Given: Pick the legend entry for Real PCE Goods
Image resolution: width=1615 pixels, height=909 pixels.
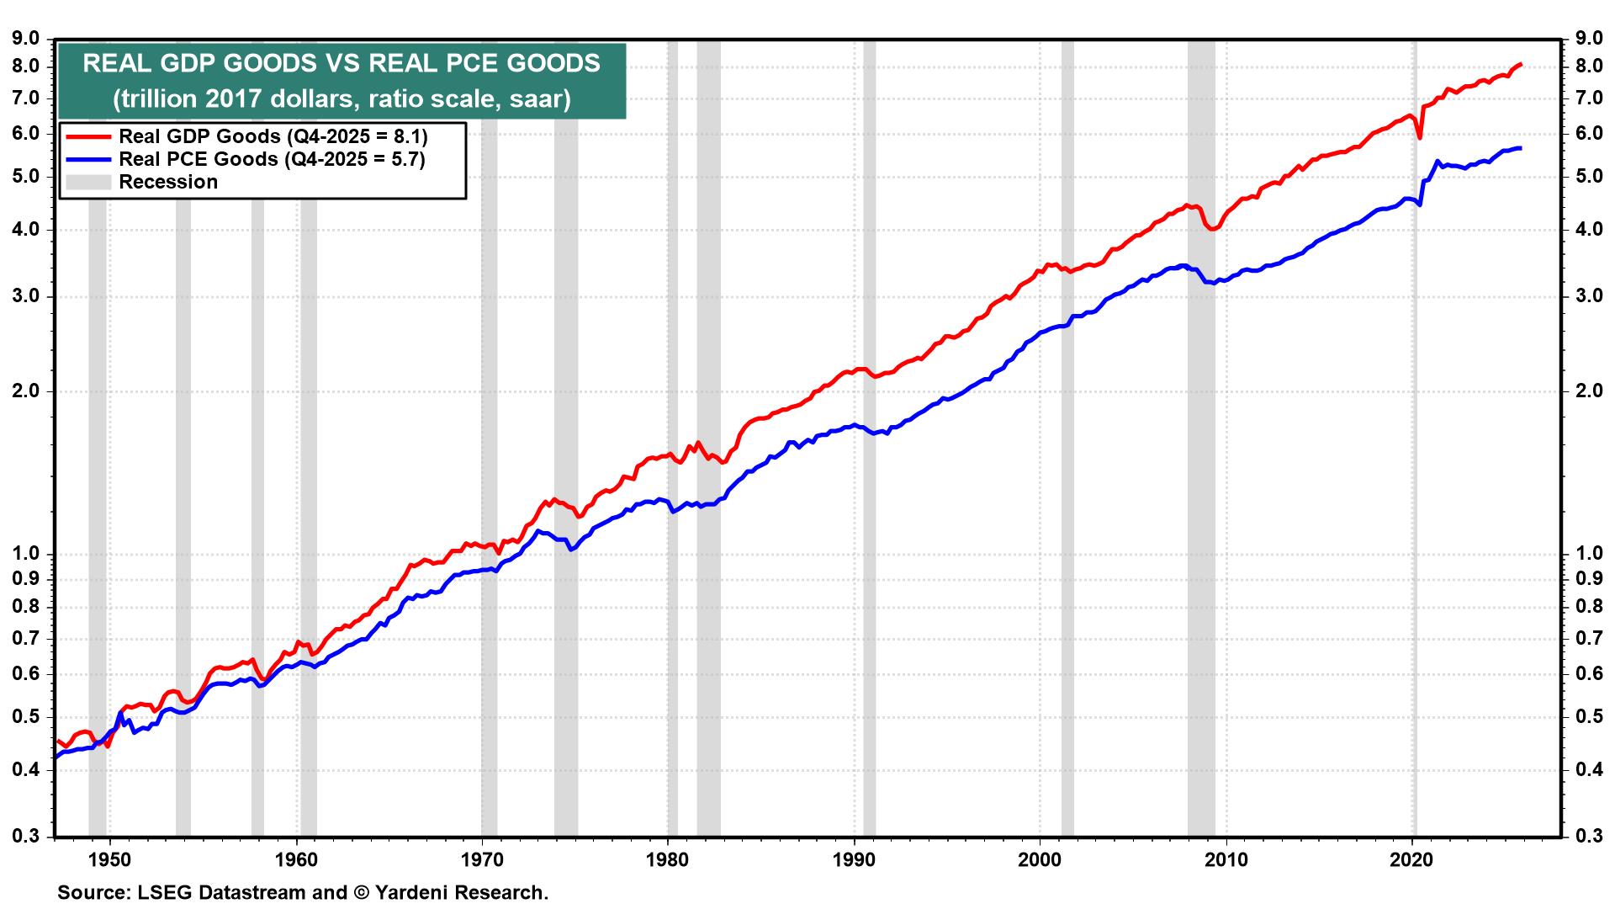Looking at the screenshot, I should pyautogui.click(x=272, y=159).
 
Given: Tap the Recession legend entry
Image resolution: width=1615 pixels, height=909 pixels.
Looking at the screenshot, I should pyautogui.click(x=168, y=182).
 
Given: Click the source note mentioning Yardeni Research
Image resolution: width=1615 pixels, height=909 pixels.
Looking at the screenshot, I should pyautogui.click(x=303, y=892).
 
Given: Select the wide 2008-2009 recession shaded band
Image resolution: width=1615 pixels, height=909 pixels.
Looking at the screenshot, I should pyautogui.click(x=1201, y=505).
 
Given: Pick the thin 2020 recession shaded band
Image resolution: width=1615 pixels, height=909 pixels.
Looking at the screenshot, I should pyautogui.click(x=1414, y=505).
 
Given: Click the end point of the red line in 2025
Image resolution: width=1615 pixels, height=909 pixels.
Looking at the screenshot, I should pyautogui.click(x=1521, y=64).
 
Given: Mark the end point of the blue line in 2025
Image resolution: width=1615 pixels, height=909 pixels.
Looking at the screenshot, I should pyautogui.click(x=1520, y=148).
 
